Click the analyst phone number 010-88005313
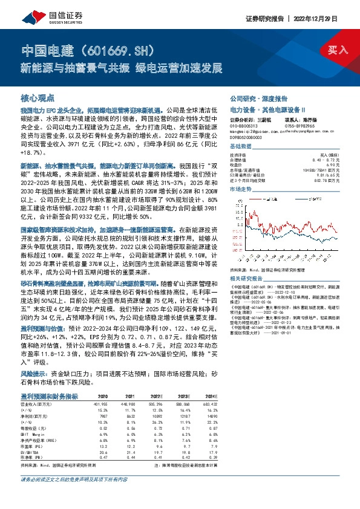[242, 125]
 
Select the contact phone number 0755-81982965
[292, 125]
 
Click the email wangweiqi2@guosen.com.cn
[251, 131]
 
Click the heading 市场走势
[240, 189]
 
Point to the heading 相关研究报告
[246, 278]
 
